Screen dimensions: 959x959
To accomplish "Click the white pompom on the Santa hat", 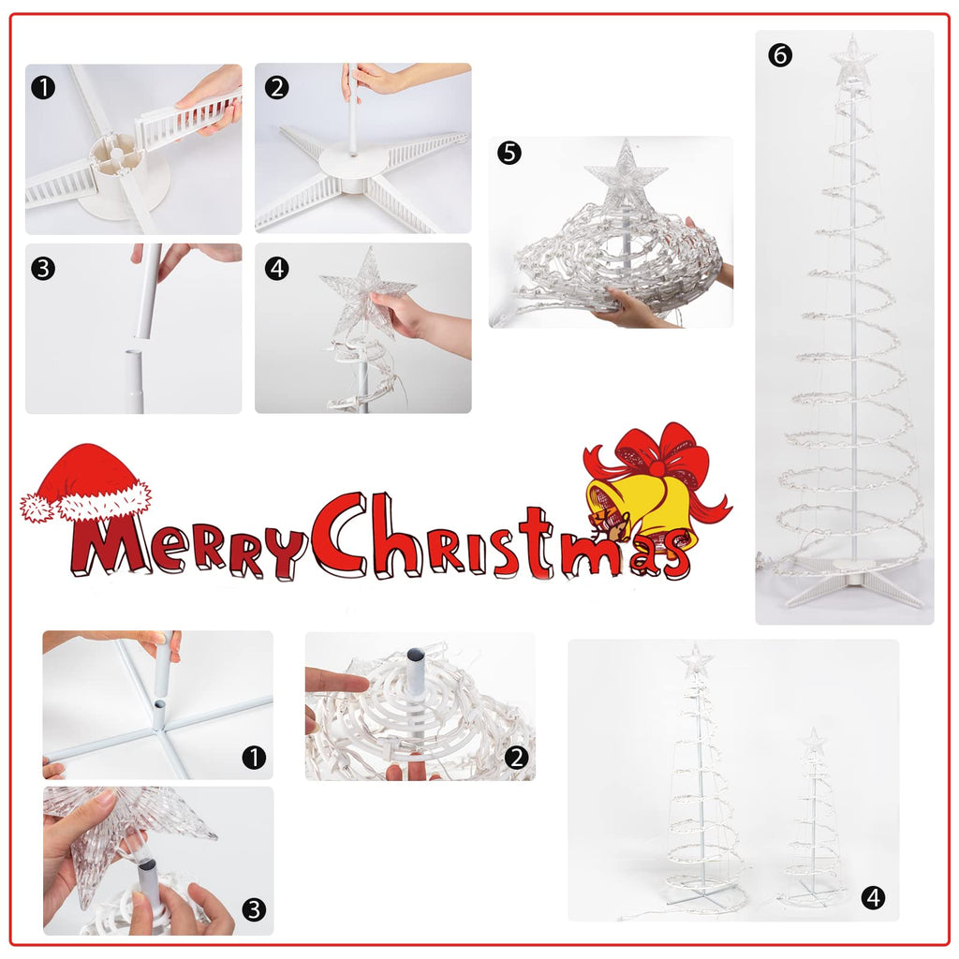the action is (37, 508).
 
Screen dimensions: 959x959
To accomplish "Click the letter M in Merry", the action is (111, 544).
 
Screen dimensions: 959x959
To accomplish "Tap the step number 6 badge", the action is (780, 55).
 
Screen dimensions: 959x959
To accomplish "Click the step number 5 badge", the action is (509, 153).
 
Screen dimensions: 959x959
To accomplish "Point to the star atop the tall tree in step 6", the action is (852, 60).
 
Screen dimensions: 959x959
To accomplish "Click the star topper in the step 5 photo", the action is (625, 173).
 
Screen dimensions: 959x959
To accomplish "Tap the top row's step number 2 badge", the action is (277, 88).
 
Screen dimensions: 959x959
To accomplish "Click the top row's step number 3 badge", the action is (43, 269).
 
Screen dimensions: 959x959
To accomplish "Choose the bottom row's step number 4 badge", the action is (873, 898).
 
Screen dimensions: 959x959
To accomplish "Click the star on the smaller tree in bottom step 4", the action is (814, 742).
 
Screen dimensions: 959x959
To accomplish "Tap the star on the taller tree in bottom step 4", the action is (696, 660).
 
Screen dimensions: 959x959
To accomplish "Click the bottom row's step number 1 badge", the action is (254, 757).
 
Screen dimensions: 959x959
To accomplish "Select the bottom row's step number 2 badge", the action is (517, 758).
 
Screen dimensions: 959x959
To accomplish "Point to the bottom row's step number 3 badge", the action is (254, 909).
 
